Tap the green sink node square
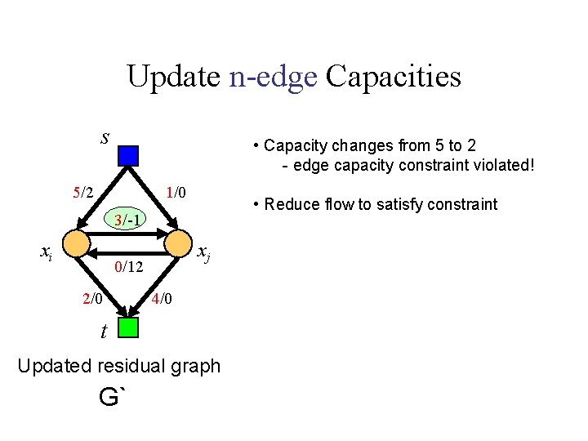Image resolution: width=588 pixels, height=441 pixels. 128,327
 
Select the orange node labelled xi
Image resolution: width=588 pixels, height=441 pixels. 76,243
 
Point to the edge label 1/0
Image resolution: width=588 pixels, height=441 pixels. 176,194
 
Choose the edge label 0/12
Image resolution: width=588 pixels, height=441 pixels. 129,267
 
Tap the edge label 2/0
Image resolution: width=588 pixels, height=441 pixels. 93,299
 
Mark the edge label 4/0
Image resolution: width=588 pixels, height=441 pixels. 162,299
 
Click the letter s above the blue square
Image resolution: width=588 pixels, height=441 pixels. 105,136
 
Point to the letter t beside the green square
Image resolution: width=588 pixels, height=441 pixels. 105,332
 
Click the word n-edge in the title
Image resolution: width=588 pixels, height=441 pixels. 273,77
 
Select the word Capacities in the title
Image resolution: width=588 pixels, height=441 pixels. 394,77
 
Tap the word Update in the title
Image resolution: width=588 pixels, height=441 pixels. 173,77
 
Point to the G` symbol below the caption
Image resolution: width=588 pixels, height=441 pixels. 114,398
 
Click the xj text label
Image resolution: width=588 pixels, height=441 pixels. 205,254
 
